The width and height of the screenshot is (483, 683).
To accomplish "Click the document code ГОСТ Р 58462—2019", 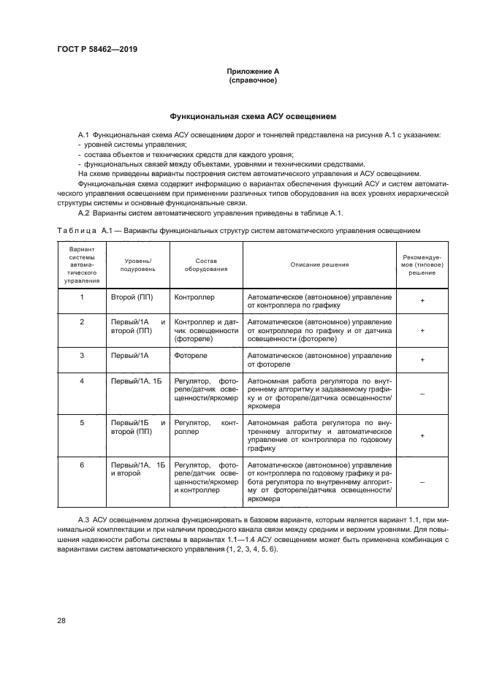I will pos(97,49).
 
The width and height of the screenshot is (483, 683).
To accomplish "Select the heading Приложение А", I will pos(253,72).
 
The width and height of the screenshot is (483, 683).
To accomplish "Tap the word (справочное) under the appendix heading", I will pos(253,80).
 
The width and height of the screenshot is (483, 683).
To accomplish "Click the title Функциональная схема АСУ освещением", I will pos(253,116).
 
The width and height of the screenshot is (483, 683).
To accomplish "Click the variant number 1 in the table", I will pos(82,297).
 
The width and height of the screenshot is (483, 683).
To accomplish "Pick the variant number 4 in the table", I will pos(82,381).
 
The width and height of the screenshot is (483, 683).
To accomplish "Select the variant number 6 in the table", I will pos(82,465).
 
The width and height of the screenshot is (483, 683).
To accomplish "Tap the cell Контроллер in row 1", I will pos(194,297).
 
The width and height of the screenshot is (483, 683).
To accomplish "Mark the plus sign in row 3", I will pos(422,360).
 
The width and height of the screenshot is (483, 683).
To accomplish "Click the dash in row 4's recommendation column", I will pos(422,394).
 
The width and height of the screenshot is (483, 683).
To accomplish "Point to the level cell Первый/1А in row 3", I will pos(130,355).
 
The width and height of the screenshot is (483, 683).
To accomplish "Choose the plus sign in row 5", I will pos(422,435).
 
